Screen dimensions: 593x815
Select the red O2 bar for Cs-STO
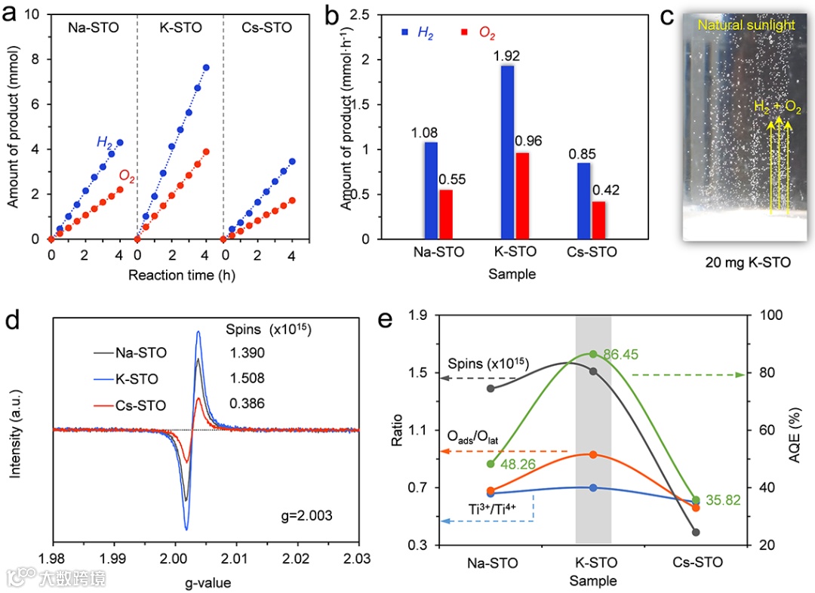tap(598, 220)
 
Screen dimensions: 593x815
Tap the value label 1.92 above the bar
tap(507, 56)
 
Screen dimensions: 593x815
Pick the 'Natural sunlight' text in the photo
tap(746, 25)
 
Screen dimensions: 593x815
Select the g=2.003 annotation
tap(303, 517)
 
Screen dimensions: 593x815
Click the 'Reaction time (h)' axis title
tap(171, 275)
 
